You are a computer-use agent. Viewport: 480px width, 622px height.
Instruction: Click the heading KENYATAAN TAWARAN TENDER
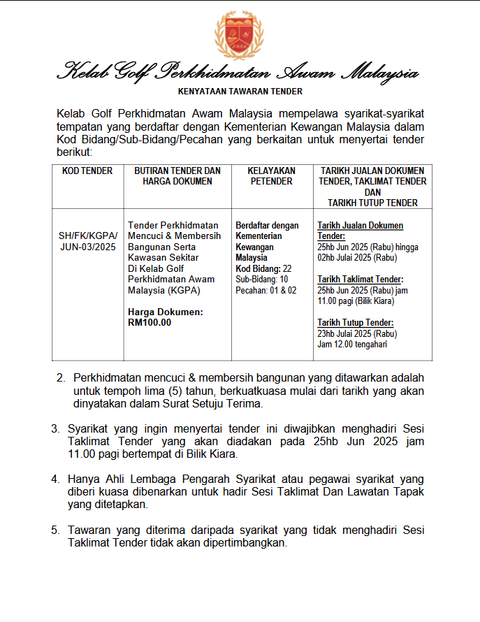(240, 91)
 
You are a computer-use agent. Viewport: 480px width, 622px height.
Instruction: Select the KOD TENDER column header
(87, 171)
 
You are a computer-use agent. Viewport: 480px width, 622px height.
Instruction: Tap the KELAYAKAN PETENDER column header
(271, 176)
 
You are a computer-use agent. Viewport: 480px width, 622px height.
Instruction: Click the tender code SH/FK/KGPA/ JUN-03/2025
(87, 241)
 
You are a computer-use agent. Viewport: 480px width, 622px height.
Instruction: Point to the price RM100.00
(150, 322)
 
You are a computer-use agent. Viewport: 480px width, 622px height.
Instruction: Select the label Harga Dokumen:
(166, 312)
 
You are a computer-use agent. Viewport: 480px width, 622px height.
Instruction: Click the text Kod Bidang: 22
(263, 268)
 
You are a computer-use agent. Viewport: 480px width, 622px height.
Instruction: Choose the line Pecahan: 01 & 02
(266, 290)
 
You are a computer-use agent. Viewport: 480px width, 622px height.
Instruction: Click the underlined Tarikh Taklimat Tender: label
(356, 280)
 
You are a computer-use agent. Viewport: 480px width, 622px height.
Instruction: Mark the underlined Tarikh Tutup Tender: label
(355, 323)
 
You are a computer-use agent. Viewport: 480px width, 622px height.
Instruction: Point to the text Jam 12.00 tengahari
(352, 344)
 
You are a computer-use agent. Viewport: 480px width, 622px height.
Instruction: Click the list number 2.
(60, 378)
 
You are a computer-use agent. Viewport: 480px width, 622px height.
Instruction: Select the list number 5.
(55, 530)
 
